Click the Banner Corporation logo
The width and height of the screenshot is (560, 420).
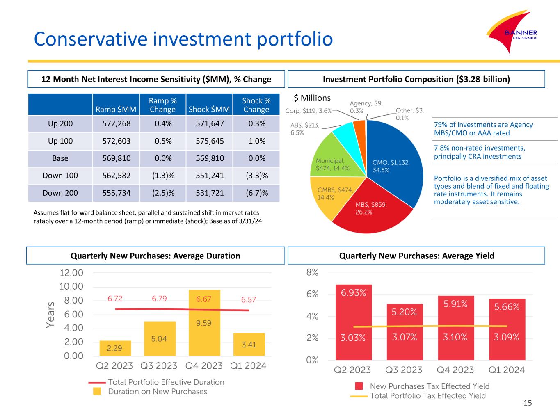513,35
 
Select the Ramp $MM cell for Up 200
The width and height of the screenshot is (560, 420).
116,123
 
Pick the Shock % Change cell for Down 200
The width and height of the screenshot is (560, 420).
256,193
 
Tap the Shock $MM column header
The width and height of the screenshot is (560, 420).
209,109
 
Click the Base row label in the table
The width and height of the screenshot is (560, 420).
60,158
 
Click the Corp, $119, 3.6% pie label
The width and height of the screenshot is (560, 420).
309,111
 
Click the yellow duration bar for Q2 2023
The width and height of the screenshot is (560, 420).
115,348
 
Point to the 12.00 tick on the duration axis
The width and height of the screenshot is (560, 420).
71,273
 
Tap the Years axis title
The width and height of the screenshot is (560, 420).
50,315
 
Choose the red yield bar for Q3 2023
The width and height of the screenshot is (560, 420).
404,332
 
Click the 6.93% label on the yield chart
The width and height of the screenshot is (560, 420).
353,292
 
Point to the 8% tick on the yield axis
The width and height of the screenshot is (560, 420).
312,272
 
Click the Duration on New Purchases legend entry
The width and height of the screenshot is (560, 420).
157,392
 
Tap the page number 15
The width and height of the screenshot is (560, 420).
528,403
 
